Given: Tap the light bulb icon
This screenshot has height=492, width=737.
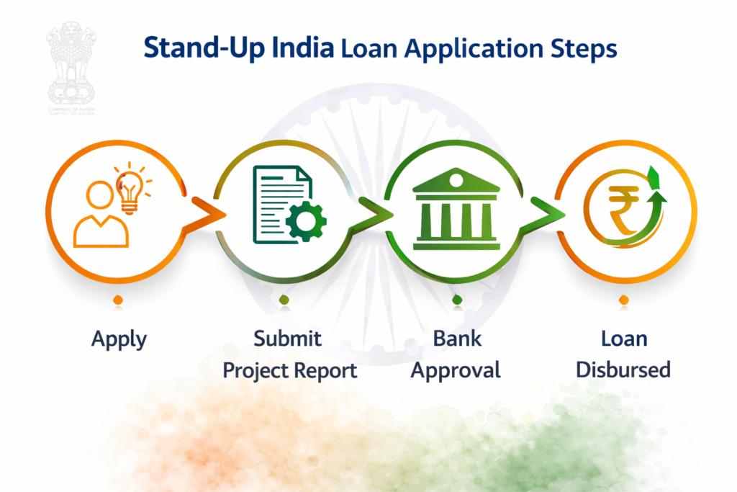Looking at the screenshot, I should point(130,187).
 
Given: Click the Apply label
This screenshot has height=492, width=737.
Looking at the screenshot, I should point(119,339).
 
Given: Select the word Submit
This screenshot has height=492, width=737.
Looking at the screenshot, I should point(287,338).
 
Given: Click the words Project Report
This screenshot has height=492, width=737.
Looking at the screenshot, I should point(289,370).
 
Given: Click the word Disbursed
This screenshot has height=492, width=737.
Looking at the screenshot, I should point(623,370).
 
